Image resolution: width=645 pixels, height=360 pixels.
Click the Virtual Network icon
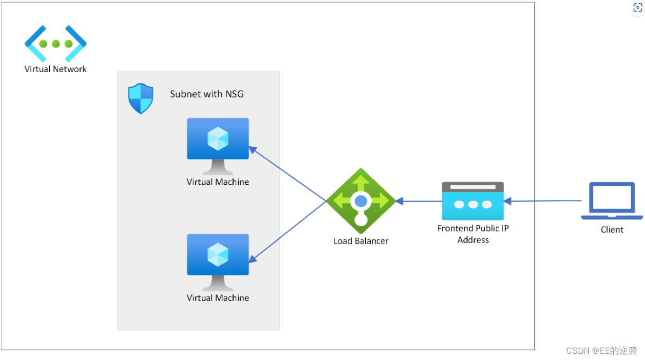[x=56, y=43]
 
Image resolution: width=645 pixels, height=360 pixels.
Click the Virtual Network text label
[x=56, y=69]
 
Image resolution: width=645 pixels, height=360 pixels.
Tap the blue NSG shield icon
[x=141, y=98]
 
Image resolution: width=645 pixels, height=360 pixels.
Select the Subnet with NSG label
[x=207, y=94]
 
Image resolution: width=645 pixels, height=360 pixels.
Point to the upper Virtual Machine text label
[x=218, y=182]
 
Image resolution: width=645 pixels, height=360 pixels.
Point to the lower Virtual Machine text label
[x=218, y=298]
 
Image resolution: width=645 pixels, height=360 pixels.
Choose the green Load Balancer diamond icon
[x=361, y=201]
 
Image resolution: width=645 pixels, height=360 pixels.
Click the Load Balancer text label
[x=361, y=241]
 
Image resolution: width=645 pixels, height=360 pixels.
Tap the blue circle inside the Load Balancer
[x=361, y=201]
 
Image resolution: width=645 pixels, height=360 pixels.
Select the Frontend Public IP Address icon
[x=473, y=201]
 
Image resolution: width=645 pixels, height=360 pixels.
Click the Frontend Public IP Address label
[x=473, y=234]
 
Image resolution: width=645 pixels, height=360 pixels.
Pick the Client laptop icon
[x=612, y=201]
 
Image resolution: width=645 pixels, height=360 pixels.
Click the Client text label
[x=612, y=230]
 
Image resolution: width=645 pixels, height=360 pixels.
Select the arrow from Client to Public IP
[x=543, y=201]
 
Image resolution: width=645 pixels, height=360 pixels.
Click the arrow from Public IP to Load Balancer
[x=419, y=201]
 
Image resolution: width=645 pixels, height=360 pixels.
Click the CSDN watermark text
[x=601, y=351]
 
